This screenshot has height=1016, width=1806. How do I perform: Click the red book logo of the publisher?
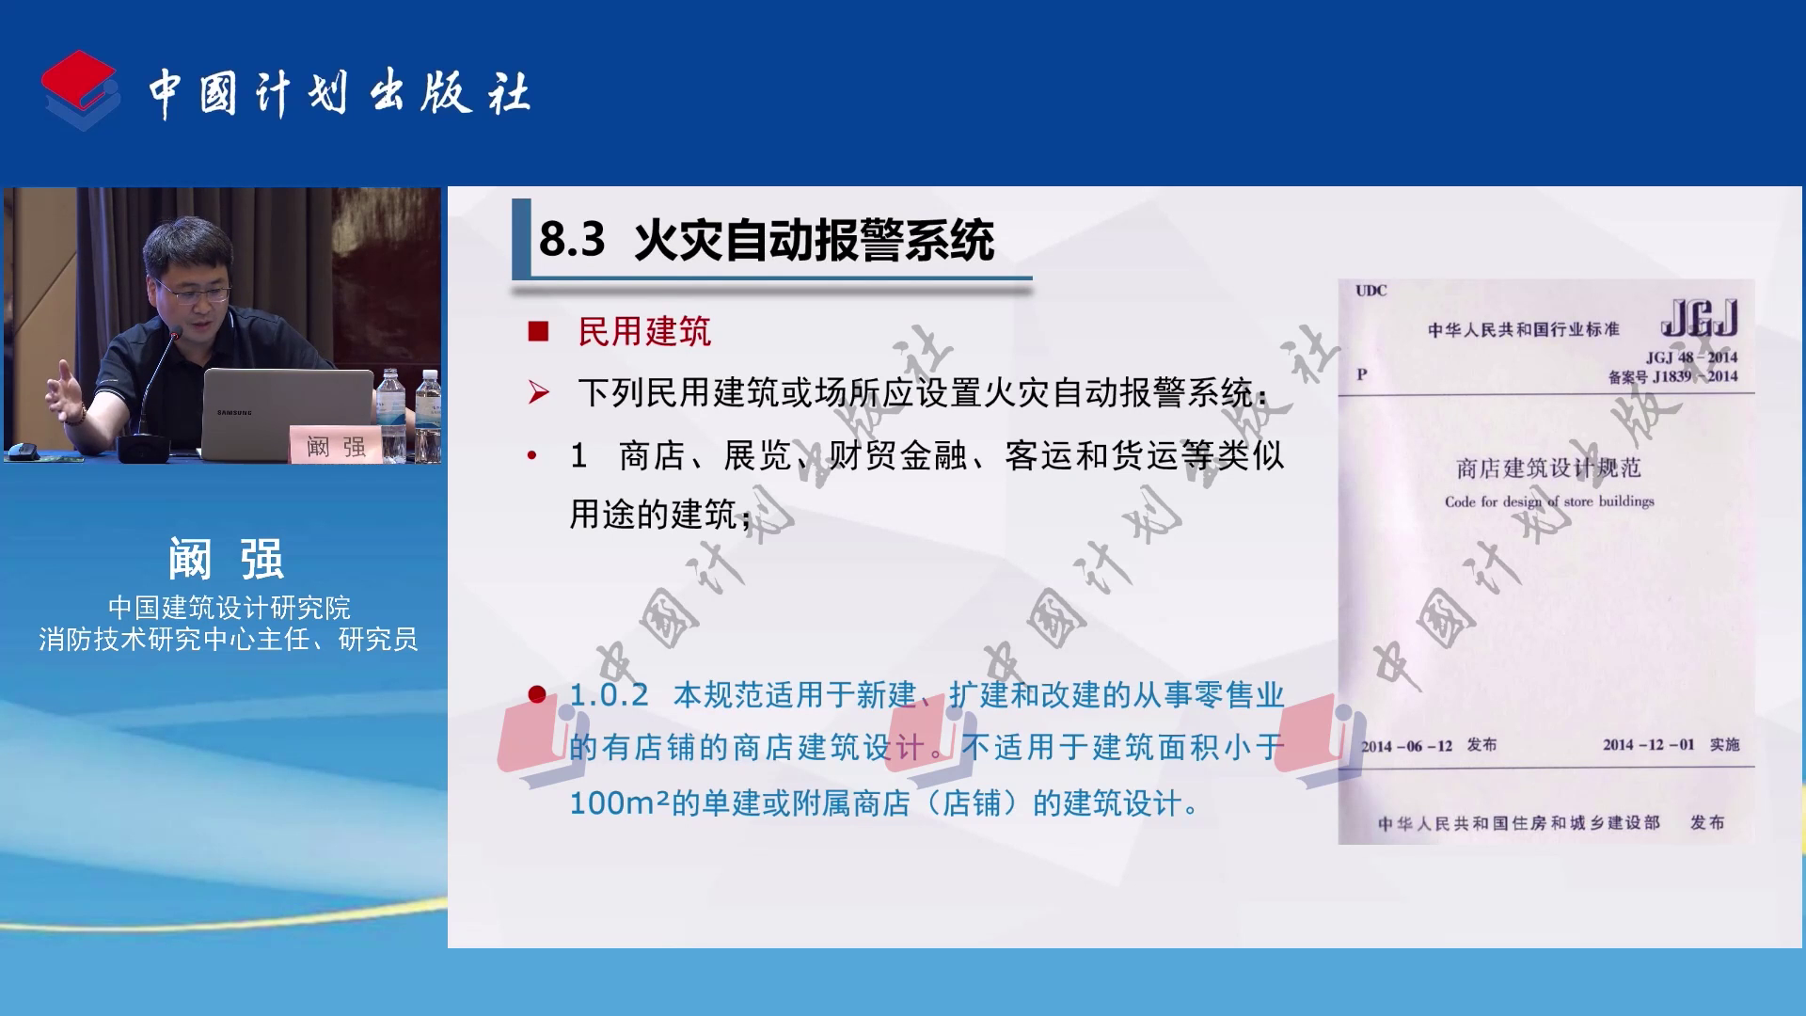[80, 89]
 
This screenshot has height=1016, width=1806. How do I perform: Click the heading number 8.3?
[572, 240]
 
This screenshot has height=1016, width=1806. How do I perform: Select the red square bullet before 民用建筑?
[538, 331]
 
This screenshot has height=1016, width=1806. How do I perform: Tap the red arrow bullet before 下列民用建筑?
[539, 392]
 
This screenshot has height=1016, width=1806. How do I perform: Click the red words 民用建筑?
[644, 331]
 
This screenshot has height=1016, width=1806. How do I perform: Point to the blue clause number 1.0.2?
[609, 695]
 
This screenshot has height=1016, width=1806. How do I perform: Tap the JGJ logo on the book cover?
[1699, 318]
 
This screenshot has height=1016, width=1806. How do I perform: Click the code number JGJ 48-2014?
[1691, 357]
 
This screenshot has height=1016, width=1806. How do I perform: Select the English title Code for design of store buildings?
[1549, 501]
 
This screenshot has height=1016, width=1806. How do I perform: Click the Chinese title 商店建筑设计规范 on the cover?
[1548, 468]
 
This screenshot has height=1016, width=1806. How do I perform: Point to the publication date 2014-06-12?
[1406, 746]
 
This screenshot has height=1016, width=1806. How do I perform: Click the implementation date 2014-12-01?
[1648, 745]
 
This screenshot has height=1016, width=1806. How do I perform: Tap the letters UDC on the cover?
[1370, 291]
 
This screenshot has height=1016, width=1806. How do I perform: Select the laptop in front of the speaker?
[287, 413]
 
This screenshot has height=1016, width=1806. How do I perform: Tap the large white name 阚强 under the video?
[226, 559]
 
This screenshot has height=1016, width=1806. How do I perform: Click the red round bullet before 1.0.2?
[537, 695]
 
